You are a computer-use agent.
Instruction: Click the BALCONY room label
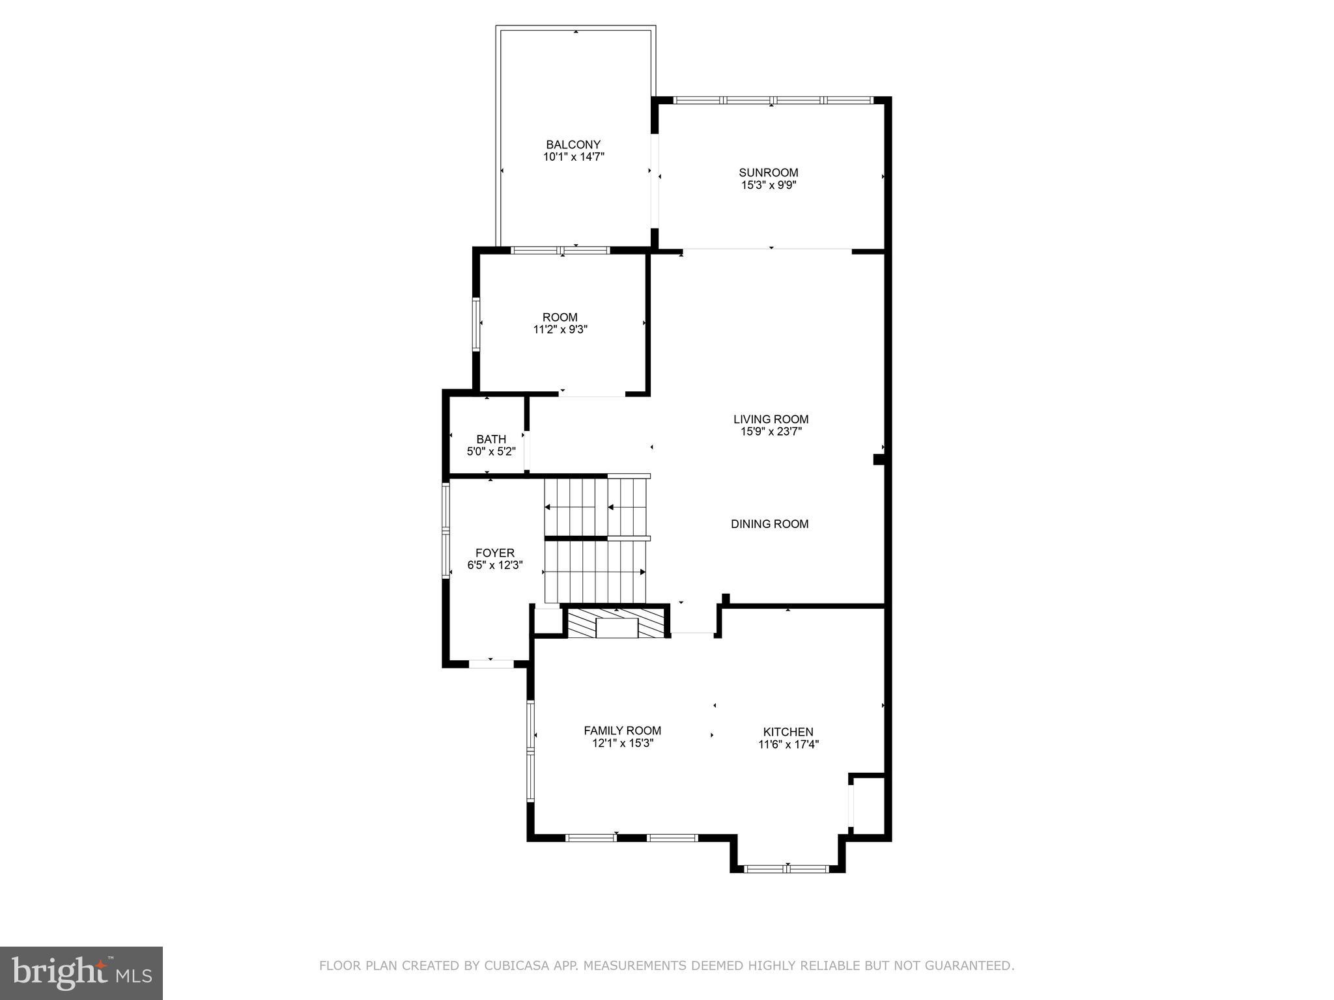(x=573, y=145)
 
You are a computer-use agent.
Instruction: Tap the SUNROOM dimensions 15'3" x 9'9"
(x=769, y=185)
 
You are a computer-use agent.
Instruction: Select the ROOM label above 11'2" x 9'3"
(x=560, y=317)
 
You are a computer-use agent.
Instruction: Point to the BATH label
(x=491, y=439)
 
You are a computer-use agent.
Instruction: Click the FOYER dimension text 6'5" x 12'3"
(x=495, y=565)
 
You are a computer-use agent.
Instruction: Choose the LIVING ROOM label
(x=771, y=419)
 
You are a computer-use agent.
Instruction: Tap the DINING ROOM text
(x=769, y=524)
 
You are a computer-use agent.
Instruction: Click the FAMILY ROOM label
(x=622, y=730)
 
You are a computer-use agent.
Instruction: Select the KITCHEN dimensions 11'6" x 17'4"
(x=788, y=745)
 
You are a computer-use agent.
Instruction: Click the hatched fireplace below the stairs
(x=617, y=623)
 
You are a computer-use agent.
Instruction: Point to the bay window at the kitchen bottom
(x=787, y=868)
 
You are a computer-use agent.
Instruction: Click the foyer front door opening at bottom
(x=491, y=664)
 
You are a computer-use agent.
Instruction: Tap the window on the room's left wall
(x=476, y=324)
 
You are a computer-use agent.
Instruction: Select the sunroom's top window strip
(x=772, y=100)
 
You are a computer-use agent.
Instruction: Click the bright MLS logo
(x=81, y=973)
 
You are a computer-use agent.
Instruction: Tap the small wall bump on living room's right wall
(x=878, y=460)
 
